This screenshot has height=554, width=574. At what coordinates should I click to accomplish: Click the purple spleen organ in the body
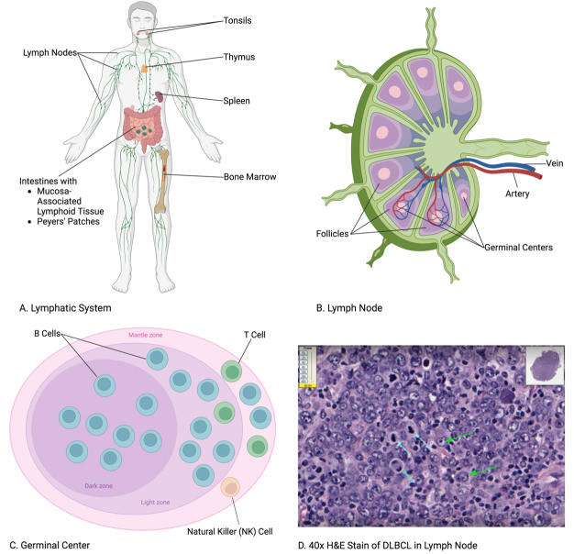(x=160, y=94)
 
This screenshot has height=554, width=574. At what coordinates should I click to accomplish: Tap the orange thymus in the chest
(x=144, y=67)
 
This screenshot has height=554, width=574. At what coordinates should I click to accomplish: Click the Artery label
(x=516, y=194)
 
